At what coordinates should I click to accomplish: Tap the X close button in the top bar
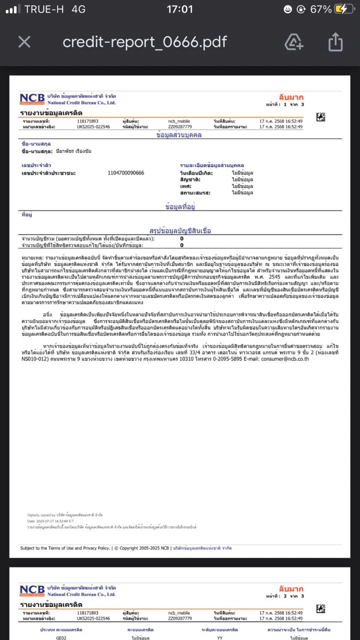pos(24,42)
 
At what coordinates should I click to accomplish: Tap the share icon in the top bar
pos(335,42)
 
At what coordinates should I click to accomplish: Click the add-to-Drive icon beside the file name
pos(293,42)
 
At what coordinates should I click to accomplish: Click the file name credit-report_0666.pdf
pos(145,42)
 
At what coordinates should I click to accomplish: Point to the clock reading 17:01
pos(179,9)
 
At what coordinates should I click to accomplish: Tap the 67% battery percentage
pos(320,9)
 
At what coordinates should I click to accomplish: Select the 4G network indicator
pos(78,9)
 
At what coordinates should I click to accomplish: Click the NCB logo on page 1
pos(32,99)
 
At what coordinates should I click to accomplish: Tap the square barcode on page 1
pos(321,117)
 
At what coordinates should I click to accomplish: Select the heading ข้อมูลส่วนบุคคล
pos(179,135)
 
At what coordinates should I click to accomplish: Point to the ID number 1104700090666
pos(126,173)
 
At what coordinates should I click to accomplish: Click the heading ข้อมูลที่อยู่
pos(179,206)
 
